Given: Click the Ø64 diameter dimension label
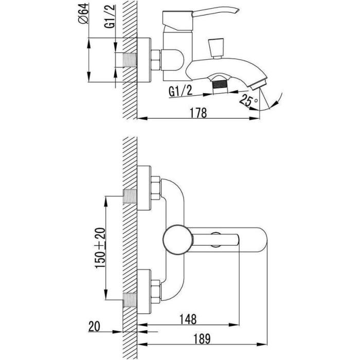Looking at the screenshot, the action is pos(83,13).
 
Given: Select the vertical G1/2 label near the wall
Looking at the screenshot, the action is pos(110,16).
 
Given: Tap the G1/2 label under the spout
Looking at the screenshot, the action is pos(181,91).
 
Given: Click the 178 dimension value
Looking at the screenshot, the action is pos(199,113).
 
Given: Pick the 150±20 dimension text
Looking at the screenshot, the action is pos(100,248).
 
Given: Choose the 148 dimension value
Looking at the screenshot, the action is pos(188,319).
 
